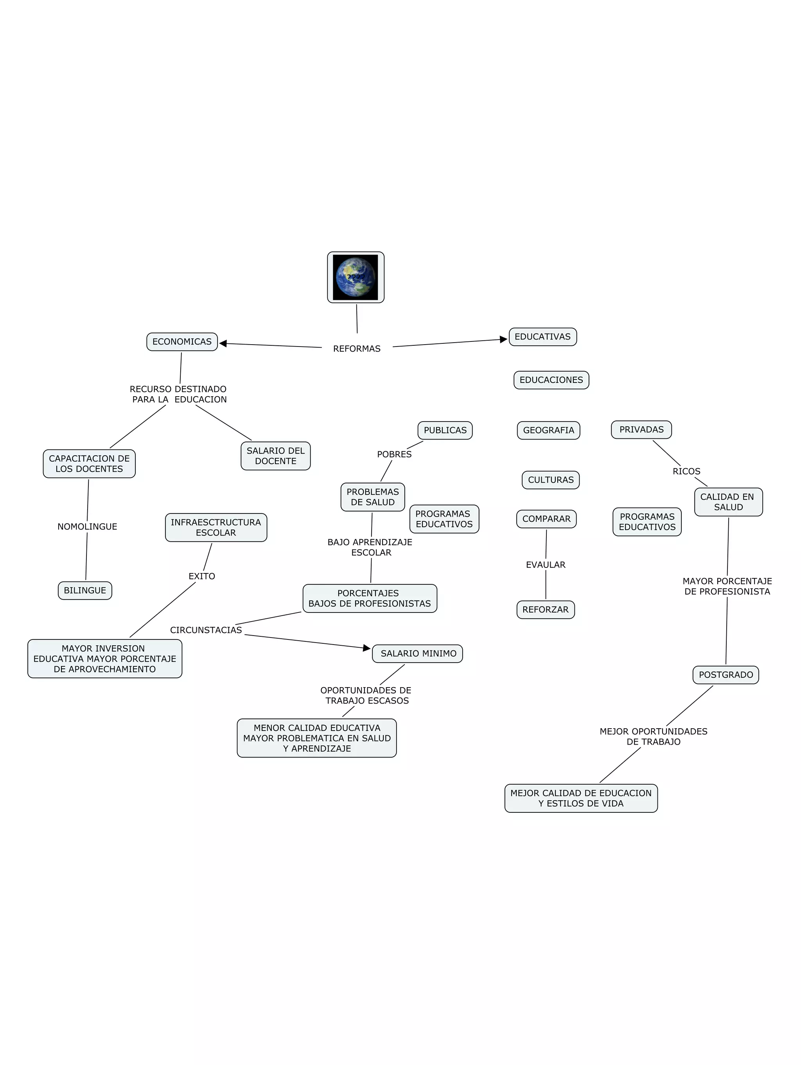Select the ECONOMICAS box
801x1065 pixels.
(x=182, y=342)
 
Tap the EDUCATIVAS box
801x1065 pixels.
(x=542, y=337)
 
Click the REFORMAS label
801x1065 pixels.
(x=357, y=348)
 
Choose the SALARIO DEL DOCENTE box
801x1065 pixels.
(x=275, y=456)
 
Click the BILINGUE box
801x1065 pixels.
(x=85, y=590)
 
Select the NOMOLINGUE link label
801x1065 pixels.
(x=87, y=527)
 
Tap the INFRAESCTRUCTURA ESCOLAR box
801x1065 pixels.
(x=216, y=528)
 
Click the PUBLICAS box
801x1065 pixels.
(x=445, y=431)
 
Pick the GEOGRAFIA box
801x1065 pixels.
(x=548, y=431)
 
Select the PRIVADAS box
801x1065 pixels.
(x=641, y=429)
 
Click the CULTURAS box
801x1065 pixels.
(x=551, y=480)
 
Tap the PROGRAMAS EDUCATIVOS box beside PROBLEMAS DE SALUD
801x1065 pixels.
(x=444, y=519)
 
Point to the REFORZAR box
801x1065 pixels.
(x=545, y=609)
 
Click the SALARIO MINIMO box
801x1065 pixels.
(x=417, y=654)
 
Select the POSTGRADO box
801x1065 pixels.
(x=726, y=675)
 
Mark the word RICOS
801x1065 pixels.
(x=686, y=471)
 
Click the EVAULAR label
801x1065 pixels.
(x=545, y=565)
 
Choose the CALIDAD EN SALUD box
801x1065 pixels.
(x=728, y=502)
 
